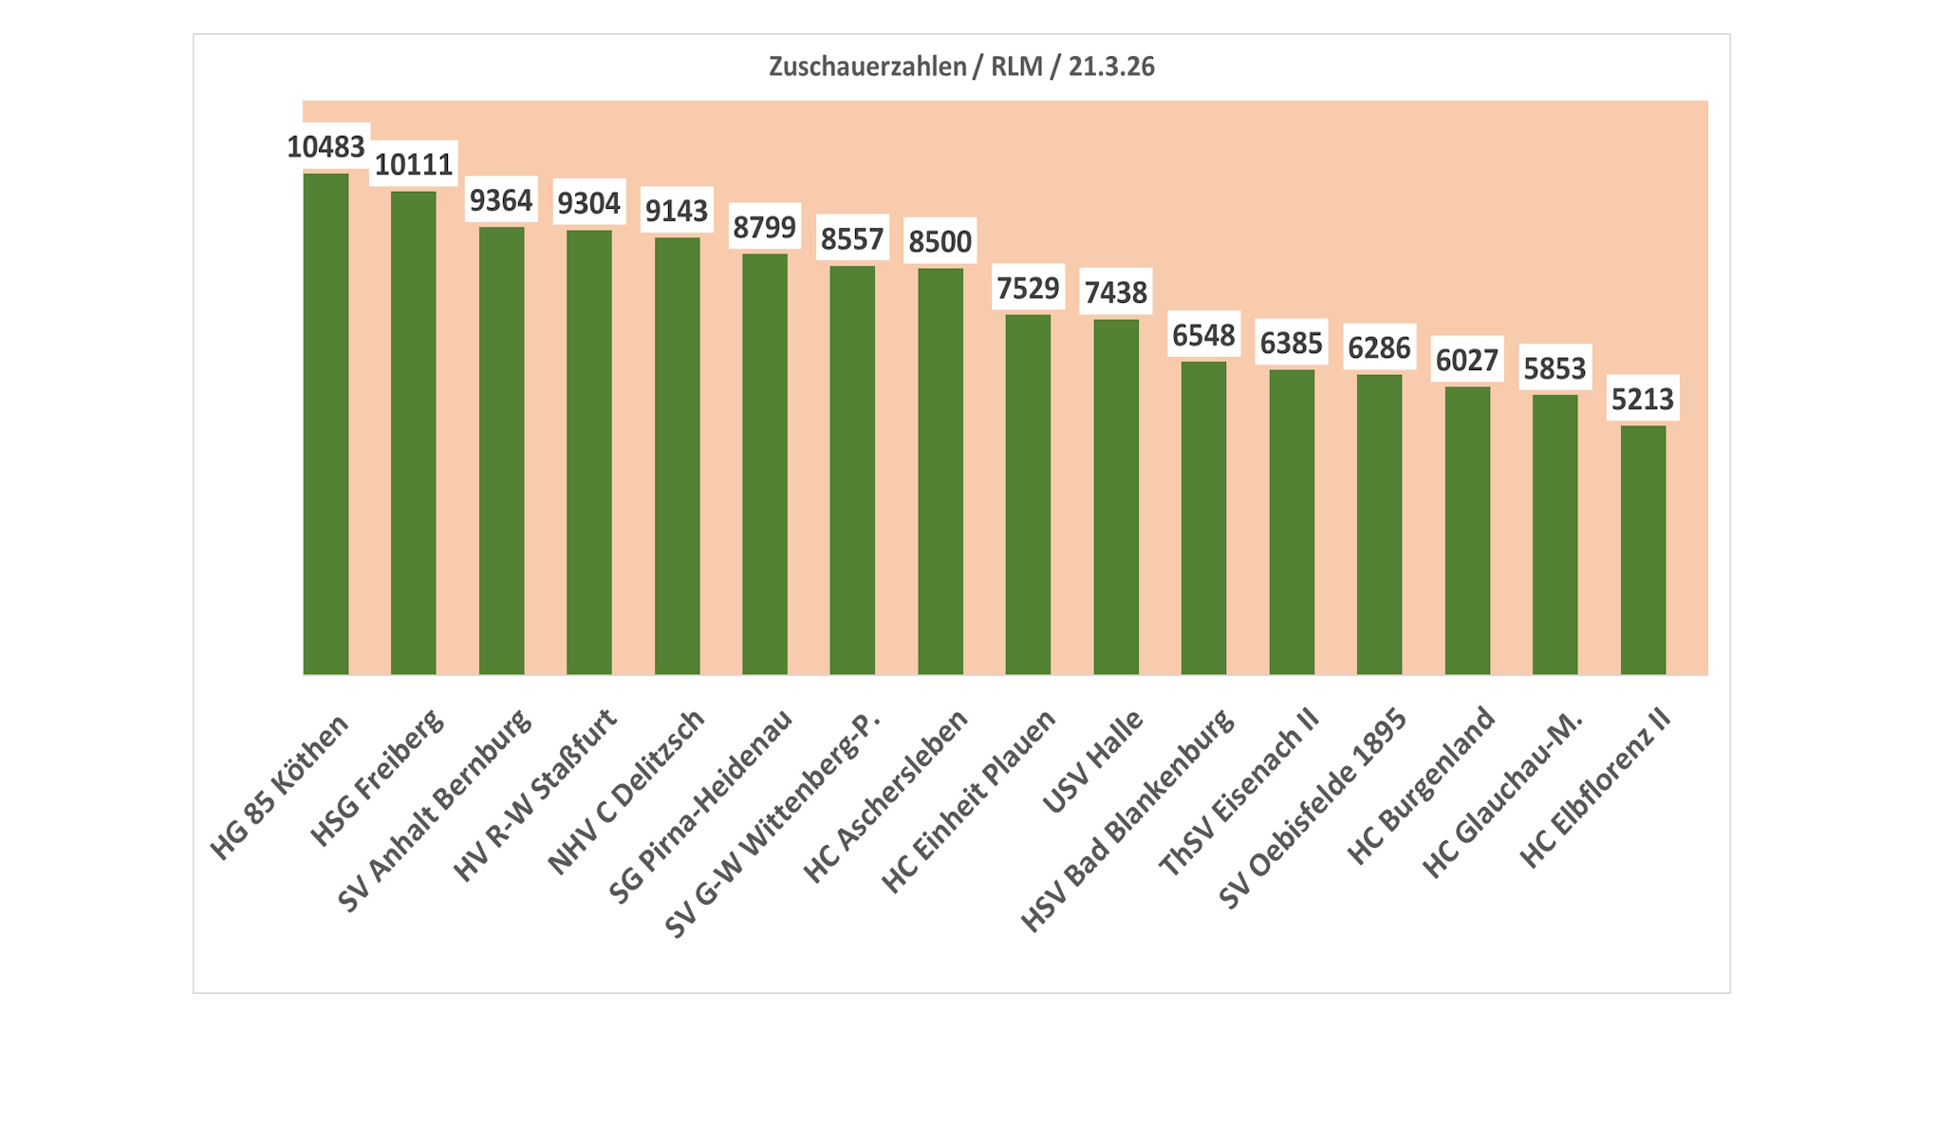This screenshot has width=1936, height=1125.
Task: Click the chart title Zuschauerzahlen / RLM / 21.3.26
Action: [x=961, y=66]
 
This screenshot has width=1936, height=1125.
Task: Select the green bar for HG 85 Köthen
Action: [x=326, y=423]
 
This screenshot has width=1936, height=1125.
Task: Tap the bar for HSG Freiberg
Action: [x=414, y=433]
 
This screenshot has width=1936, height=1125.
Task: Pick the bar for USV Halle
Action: [x=1116, y=497]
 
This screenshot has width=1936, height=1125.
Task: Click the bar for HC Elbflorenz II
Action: [x=1643, y=550]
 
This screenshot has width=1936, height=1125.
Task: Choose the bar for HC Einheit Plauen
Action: [x=1028, y=494]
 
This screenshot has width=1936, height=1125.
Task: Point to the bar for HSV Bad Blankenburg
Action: [x=1203, y=517]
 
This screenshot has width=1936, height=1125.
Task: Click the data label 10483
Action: [x=326, y=147]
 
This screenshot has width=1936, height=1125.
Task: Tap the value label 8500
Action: [x=940, y=242]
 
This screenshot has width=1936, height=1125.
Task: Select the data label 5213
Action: [x=1643, y=399]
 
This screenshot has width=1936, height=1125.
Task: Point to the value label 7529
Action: [x=1028, y=288]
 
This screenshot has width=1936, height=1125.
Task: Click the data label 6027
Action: [x=1467, y=361]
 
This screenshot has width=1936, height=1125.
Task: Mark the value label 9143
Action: [x=677, y=211]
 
